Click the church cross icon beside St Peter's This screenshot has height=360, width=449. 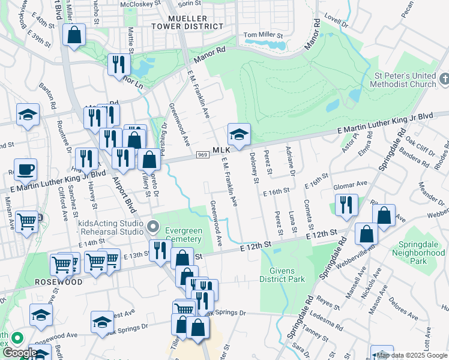pyautogui.click(x=444, y=79)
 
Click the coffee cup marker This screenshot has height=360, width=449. pyautogui.click(x=25, y=169)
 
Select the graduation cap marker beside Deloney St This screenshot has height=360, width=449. pyautogui.click(x=238, y=134)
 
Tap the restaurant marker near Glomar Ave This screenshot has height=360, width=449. pyautogui.click(x=346, y=205)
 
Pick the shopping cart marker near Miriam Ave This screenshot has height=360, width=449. pyautogui.click(x=26, y=223)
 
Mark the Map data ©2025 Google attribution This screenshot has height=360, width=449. pyautogui.click(x=412, y=355)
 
